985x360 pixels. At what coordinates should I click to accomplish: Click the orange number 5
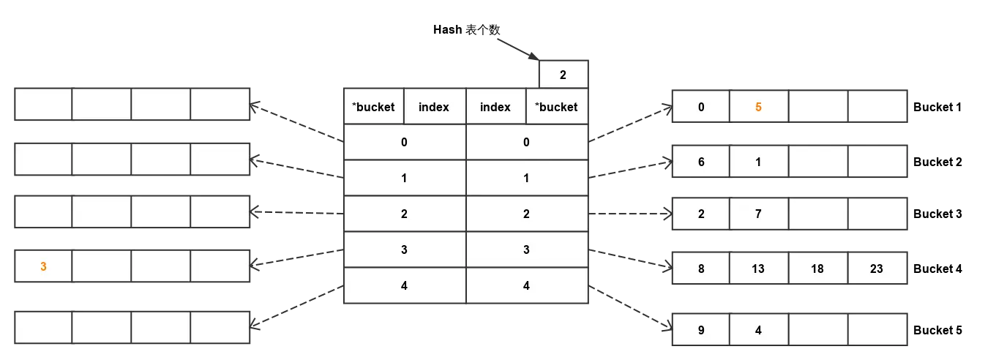point(758,107)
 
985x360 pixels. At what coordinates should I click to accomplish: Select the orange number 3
point(43,267)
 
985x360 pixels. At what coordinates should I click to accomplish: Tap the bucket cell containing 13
point(758,269)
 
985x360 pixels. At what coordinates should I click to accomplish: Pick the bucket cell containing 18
point(817,269)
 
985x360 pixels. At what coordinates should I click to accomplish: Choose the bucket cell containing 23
point(877,269)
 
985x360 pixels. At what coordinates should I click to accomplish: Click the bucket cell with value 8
point(701,269)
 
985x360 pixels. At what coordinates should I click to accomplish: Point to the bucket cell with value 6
point(701,162)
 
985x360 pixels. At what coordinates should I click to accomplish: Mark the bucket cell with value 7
point(758,214)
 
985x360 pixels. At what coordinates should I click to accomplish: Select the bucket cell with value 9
point(701,330)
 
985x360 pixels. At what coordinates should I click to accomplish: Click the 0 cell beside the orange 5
point(701,107)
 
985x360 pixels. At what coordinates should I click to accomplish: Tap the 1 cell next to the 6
point(758,162)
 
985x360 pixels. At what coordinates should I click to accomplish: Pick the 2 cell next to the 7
point(701,214)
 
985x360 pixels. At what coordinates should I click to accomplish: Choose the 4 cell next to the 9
point(758,330)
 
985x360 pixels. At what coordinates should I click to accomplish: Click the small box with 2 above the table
point(563,75)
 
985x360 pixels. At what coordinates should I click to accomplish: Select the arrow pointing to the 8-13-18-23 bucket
point(629,260)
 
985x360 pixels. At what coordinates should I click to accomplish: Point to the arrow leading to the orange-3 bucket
point(296,258)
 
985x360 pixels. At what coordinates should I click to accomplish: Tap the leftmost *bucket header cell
point(373,107)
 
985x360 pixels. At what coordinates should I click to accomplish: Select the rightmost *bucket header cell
point(556,107)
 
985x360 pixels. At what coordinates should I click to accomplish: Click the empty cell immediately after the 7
point(817,214)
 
